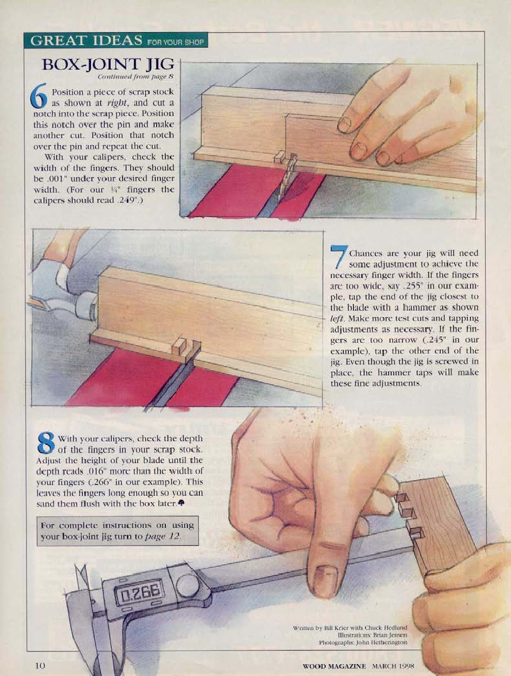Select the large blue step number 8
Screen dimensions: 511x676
46,443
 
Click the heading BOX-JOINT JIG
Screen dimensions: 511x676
108,64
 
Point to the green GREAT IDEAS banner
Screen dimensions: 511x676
116,41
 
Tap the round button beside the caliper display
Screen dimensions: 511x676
187,585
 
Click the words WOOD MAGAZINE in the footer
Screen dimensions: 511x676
334,666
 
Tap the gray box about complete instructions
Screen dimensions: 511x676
118,531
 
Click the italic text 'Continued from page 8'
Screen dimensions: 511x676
136,77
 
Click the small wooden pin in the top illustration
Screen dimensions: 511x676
279,157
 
